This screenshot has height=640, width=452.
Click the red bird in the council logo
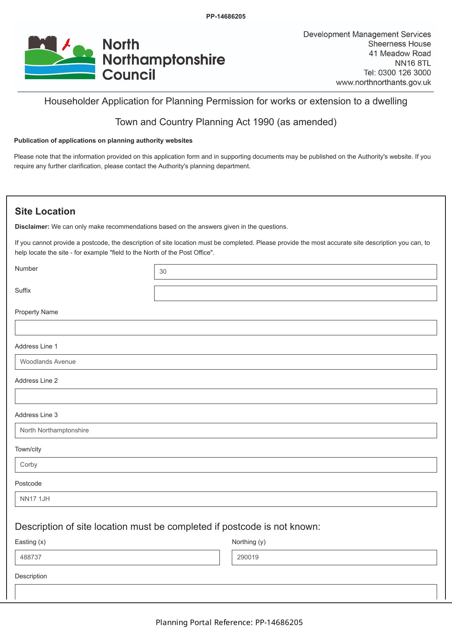[x=67, y=45]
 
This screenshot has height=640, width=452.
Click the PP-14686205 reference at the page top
[x=226, y=16]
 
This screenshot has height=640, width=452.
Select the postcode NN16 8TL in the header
[x=413, y=63]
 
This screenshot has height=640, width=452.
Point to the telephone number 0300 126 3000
[x=404, y=73]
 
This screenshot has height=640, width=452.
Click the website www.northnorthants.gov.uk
[x=383, y=82]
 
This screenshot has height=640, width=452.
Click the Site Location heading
[x=45, y=211]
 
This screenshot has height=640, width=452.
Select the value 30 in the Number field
[x=163, y=271]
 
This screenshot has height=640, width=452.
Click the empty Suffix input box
[x=295, y=293]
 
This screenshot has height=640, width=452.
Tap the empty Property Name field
[x=226, y=328]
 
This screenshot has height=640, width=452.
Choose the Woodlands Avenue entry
[x=48, y=362]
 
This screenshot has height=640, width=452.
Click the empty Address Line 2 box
[x=226, y=396]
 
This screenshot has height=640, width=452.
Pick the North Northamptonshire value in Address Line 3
[x=54, y=430]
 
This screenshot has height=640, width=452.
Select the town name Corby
[x=29, y=464]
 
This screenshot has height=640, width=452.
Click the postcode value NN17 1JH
[x=35, y=499]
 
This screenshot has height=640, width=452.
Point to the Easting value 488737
[x=31, y=557]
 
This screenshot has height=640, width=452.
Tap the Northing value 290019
[x=248, y=557]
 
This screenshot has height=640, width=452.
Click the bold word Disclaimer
[x=32, y=227]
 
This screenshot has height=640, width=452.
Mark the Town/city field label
[x=28, y=449]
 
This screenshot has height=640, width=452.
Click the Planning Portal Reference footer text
[x=229, y=622]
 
